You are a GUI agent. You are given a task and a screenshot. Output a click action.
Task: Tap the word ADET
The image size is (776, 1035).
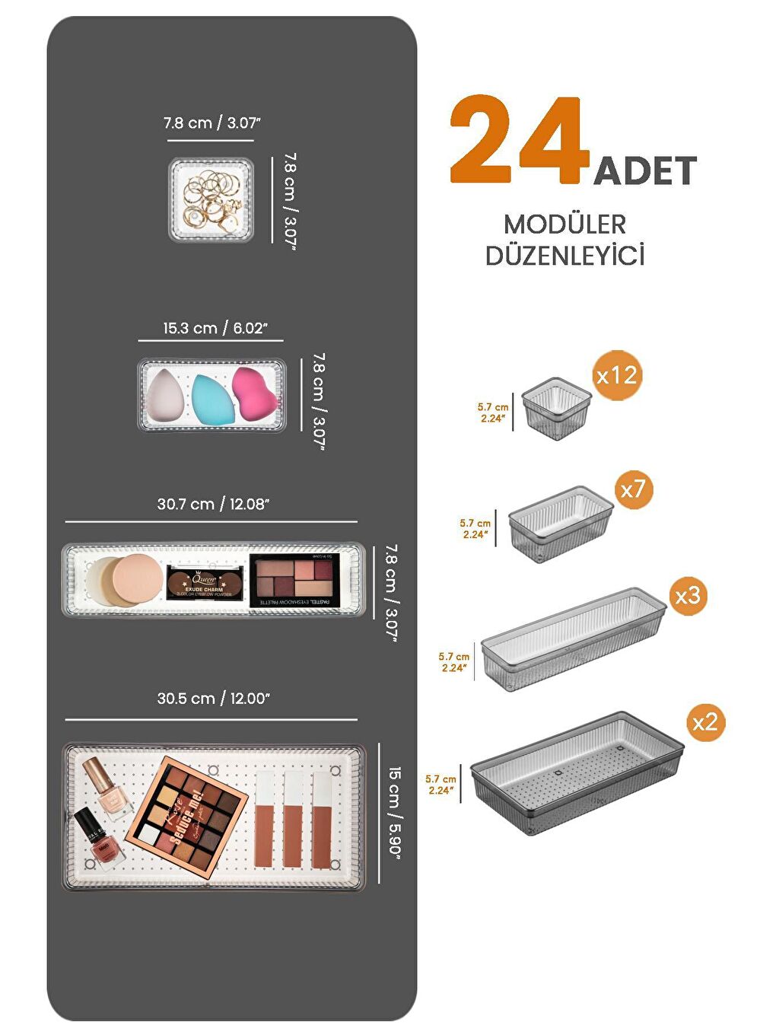[x=645, y=170]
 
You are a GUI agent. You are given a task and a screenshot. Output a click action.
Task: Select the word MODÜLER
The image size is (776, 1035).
[x=565, y=225]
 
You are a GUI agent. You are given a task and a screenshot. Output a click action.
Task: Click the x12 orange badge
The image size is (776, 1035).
[x=617, y=375]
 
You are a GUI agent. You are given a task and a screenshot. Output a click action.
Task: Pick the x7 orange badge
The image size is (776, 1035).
[x=632, y=489]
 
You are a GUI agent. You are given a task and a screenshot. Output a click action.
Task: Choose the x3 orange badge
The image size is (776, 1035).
[x=688, y=595]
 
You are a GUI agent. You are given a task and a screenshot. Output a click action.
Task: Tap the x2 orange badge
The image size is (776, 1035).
[x=705, y=721]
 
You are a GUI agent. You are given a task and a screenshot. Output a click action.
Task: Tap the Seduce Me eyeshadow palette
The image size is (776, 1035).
[x=188, y=814]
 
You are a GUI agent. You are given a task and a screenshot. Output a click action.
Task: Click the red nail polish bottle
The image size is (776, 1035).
[x=97, y=837]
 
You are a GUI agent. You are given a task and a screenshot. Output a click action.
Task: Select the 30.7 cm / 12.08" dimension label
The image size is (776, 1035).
[x=213, y=504]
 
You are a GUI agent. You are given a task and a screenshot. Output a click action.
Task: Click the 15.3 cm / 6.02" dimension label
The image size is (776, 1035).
[x=215, y=328]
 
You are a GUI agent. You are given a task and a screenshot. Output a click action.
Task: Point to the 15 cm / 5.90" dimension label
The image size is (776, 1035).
[x=395, y=811]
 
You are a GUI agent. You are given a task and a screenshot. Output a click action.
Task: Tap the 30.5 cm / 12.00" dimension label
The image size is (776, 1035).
[x=213, y=699]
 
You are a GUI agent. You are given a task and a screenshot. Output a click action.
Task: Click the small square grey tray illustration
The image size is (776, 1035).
[x=558, y=409]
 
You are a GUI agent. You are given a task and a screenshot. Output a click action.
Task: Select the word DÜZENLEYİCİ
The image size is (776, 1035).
[x=565, y=256]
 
